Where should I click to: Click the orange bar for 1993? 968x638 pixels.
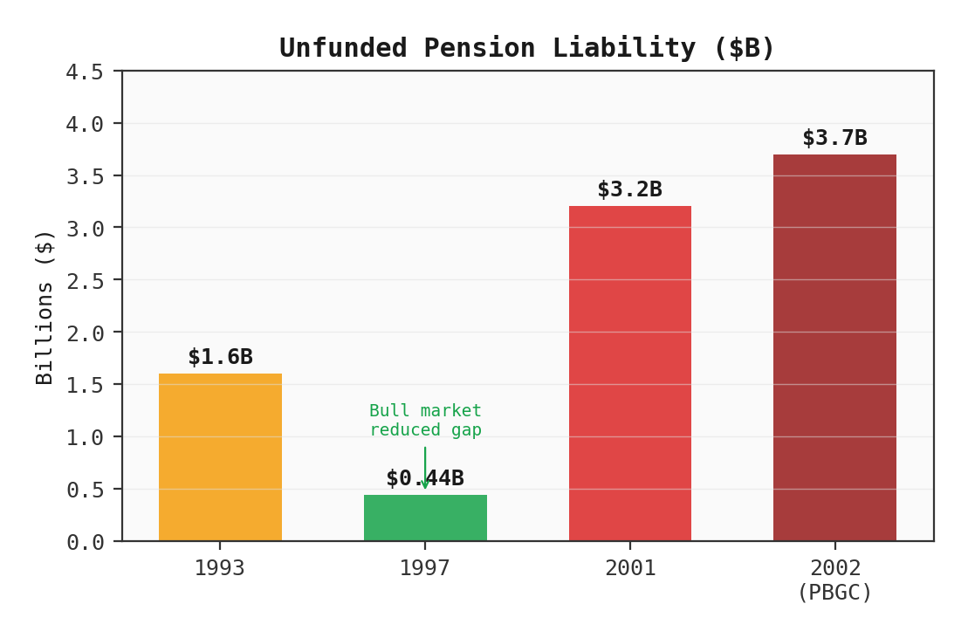click(220, 457)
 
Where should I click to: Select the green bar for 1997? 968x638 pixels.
click(425, 518)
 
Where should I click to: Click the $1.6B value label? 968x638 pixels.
click(220, 357)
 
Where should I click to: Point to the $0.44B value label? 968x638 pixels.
click(425, 478)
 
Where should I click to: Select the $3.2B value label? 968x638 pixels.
click(629, 189)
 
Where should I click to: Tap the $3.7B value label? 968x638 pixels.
click(834, 138)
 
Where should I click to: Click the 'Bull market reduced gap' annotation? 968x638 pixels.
click(425, 420)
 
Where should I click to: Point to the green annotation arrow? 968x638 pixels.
click(425, 467)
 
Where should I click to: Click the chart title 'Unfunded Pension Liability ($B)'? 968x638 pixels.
click(527, 48)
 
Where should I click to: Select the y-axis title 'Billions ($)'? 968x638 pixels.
click(45, 306)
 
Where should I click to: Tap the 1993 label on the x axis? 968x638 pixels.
click(220, 568)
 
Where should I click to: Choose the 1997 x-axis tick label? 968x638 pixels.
click(425, 568)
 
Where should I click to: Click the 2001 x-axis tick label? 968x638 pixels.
click(629, 568)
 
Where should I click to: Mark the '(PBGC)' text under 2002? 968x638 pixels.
click(834, 593)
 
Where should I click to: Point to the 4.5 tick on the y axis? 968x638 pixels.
click(85, 72)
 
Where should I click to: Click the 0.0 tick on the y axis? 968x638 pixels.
click(85, 542)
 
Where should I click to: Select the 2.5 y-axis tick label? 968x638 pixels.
click(85, 281)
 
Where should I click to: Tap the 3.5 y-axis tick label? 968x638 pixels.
click(85, 176)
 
